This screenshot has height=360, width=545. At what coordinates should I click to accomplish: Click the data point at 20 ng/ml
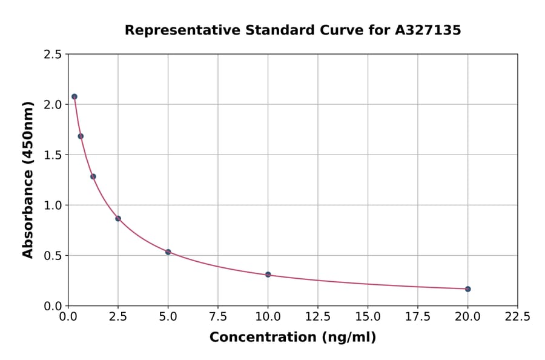point(467,289)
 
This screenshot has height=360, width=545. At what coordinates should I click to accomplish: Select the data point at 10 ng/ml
point(268,275)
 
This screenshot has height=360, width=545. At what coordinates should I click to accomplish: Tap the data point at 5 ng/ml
point(168,252)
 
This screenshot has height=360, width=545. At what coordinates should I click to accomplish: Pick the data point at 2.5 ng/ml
point(118,219)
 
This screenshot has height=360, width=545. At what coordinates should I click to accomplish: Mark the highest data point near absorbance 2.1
point(74,96)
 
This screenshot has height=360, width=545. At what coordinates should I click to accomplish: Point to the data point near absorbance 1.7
point(81,136)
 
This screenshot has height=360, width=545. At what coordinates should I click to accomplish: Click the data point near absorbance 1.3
point(93,176)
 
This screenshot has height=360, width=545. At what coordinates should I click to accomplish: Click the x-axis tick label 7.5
point(218,316)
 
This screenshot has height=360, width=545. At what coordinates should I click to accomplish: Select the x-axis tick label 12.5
point(317,316)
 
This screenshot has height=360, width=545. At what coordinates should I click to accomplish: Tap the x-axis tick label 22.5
point(517,316)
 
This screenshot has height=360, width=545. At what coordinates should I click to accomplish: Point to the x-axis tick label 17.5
point(417,316)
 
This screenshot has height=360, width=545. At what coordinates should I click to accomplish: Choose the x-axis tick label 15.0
point(368,316)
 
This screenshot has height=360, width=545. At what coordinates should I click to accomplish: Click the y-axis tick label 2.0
point(53,104)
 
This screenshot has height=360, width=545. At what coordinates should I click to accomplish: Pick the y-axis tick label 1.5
point(53,155)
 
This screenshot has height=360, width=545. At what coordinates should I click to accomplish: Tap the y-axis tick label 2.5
point(53,55)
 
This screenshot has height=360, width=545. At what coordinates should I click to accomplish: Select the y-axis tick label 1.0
point(53,205)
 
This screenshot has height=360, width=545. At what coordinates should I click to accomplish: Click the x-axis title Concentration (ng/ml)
point(292,338)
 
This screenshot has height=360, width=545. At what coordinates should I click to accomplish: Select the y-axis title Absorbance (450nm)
point(28,179)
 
